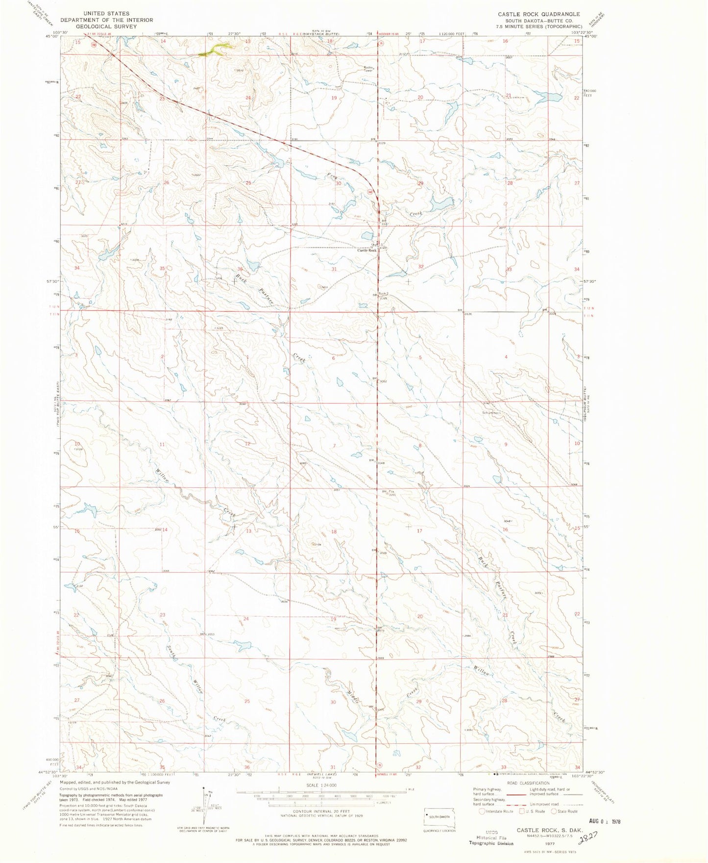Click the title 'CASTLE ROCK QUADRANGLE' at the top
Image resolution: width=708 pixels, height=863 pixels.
[539, 14]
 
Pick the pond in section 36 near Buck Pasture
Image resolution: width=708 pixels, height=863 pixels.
[253, 266]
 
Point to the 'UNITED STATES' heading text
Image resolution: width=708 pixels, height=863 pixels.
[106, 14]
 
